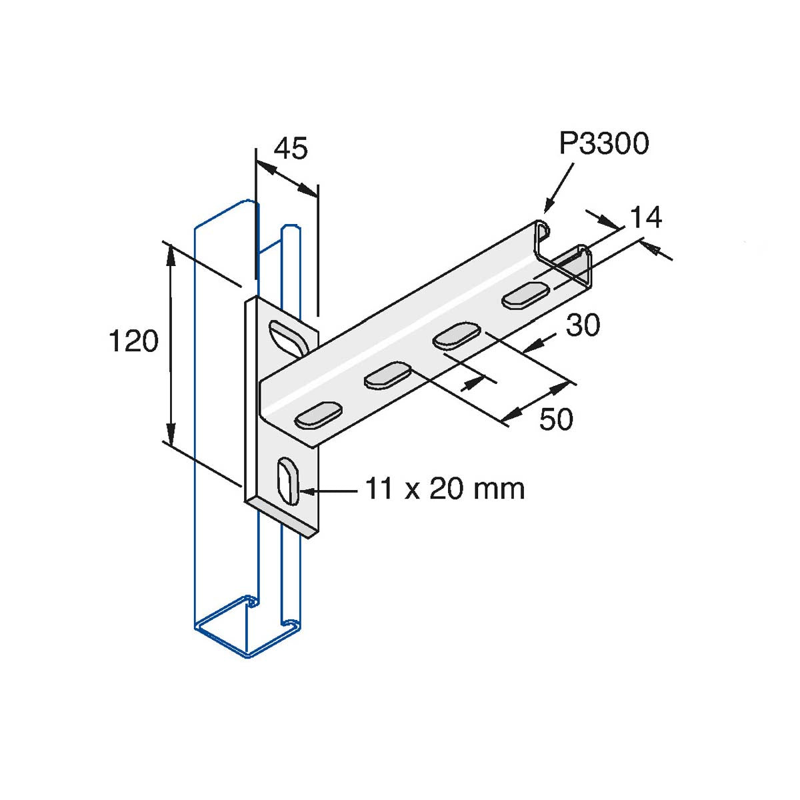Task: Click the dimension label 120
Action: (134, 341)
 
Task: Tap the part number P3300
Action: (603, 143)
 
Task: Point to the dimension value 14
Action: (645, 217)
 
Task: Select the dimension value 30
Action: (583, 325)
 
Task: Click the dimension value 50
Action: (556, 419)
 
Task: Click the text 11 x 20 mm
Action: (445, 489)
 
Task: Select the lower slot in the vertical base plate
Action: (288, 481)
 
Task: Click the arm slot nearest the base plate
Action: (319, 414)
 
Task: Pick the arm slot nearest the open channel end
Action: (525, 295)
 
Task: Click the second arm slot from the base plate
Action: (387, 375)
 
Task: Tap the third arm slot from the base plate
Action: (457, 335)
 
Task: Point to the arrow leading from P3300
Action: (559, 187)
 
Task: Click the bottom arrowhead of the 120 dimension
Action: (170, 434)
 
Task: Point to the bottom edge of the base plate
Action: (282, 519)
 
